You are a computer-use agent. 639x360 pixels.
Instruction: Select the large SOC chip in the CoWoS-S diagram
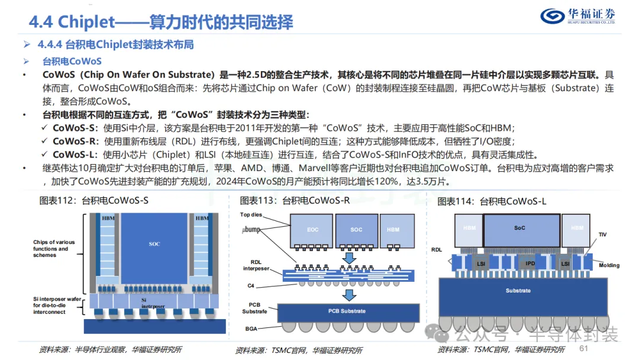click(154, 244)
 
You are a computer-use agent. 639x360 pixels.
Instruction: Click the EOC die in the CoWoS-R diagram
click(311, 229)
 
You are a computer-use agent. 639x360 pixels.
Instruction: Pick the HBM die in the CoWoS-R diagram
click(393, 229)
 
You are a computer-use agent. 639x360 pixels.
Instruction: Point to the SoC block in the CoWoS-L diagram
click(520, 228)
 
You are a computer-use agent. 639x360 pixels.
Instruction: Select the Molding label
click(609, 265)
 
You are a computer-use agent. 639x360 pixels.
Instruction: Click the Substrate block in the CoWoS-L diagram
click(518, 291)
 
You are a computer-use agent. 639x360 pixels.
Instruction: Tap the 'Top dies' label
click(251, 214)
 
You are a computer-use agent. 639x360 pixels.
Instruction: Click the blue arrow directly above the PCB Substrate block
click(350, 294)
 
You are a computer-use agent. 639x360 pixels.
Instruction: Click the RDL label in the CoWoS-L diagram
click(437, 249)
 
